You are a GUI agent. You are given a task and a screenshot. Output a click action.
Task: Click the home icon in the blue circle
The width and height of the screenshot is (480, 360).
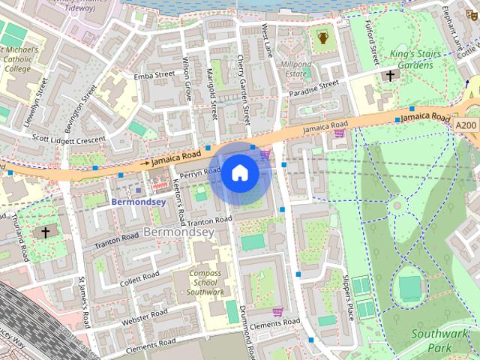(239, 173)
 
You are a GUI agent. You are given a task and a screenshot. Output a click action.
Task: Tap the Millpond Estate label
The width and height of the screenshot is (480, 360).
(295, 70)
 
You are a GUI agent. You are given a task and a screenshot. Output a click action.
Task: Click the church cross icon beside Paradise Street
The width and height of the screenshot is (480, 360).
(389, 76)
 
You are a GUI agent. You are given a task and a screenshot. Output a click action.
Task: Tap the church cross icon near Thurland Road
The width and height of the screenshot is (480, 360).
(45, 232)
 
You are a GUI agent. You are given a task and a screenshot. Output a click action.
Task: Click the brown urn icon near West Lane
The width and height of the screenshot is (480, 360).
(323, 37)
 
